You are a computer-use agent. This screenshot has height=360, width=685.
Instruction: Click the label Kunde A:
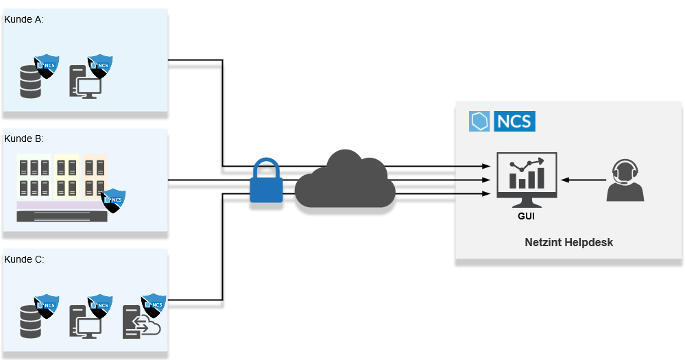point(24,19)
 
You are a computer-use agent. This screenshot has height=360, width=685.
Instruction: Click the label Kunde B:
point(24,139)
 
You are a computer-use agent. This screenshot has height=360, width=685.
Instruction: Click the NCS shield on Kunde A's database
point(47,67)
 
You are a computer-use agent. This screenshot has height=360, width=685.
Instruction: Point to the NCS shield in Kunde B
point(113,200)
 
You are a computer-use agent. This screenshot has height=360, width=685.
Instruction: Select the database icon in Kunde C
point(31,320)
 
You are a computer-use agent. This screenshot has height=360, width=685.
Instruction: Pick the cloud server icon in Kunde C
point(140,322)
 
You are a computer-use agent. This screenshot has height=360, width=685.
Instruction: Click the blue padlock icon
point(266,183)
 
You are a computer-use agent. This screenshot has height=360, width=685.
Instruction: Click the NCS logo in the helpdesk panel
point(502,121)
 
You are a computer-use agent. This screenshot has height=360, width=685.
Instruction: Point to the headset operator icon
point(625,180)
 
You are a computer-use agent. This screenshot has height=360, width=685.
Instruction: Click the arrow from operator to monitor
point(582,180)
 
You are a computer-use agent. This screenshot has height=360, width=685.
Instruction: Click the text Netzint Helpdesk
point(568,242)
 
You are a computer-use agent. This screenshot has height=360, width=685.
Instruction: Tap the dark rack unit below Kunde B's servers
point(62,217)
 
